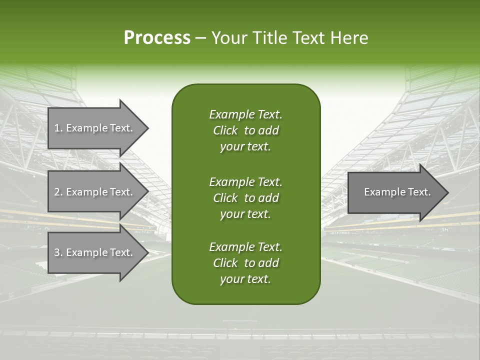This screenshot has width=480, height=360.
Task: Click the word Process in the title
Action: click(x=157, y=38)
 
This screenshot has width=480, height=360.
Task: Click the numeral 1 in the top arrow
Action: click(x=56, y=128)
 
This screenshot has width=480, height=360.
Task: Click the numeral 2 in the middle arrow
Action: click(x=56, y=192)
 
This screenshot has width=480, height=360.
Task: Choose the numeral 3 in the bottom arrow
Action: click(x=56, y=252)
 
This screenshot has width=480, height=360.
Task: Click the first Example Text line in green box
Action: click(x=245, y=114)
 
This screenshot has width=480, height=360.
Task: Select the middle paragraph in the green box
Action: click(x=245, y=197)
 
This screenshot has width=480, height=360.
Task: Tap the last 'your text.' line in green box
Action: click(x=245, y=279)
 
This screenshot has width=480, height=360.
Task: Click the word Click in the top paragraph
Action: click(x=225, y=130)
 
